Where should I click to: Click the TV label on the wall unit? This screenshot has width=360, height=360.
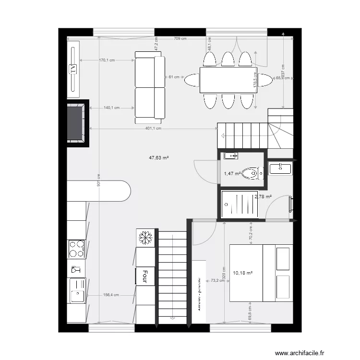click(x=73, y=69)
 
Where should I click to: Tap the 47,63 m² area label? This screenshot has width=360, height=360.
click(x=159, y=157)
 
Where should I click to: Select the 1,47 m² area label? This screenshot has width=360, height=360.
click(x=232, y=174)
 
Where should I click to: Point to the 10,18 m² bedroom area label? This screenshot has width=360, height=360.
click(x=242, y=273)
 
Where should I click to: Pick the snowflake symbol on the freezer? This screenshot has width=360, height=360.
click(x=145, y=237)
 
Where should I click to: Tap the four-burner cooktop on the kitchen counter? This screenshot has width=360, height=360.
click(x=76, y=249)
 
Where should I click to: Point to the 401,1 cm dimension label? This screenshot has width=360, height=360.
click(x=153, y=129)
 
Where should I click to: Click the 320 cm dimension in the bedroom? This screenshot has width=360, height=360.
click(x=224, y=274)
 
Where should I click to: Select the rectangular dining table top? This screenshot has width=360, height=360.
click(x=228, y=80)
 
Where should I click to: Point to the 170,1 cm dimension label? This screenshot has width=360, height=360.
click(x=107, y=60)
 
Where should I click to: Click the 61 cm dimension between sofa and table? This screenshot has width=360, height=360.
click(x=174, y=77)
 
